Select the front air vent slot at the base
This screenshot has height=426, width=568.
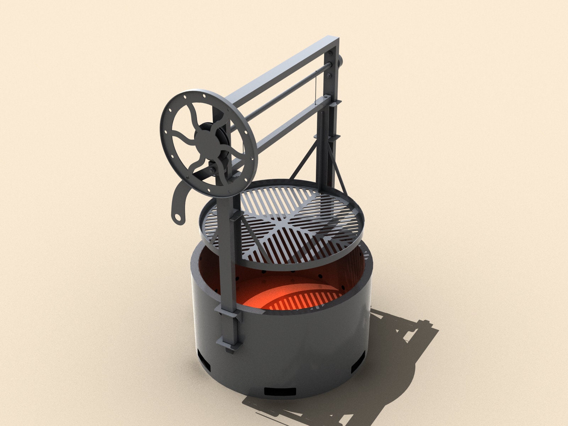pyautogui.click(x=280, y=392)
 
